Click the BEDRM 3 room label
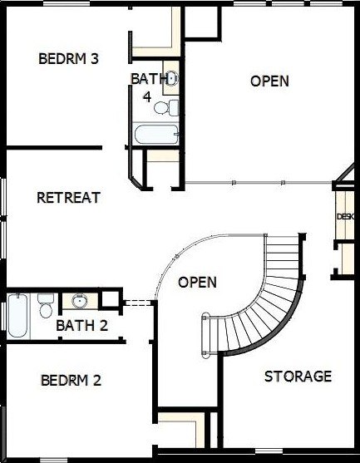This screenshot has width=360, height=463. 68,58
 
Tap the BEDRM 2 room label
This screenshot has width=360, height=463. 72,380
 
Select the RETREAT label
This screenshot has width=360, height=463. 68,198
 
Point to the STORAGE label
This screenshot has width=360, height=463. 298,377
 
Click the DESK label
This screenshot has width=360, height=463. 345,216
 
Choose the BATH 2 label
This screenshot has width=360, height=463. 81,325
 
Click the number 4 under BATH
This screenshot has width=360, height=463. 147,96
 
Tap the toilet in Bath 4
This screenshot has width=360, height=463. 166,107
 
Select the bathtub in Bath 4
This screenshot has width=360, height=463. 156,135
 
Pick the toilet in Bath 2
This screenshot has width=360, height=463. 46,305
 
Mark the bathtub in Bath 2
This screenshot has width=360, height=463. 17,316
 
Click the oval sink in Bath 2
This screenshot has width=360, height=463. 80,301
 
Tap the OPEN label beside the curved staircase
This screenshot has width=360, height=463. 197,283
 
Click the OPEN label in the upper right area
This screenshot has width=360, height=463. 269,81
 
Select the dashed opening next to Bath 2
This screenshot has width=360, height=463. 138,303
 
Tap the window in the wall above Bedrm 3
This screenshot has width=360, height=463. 67,3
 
